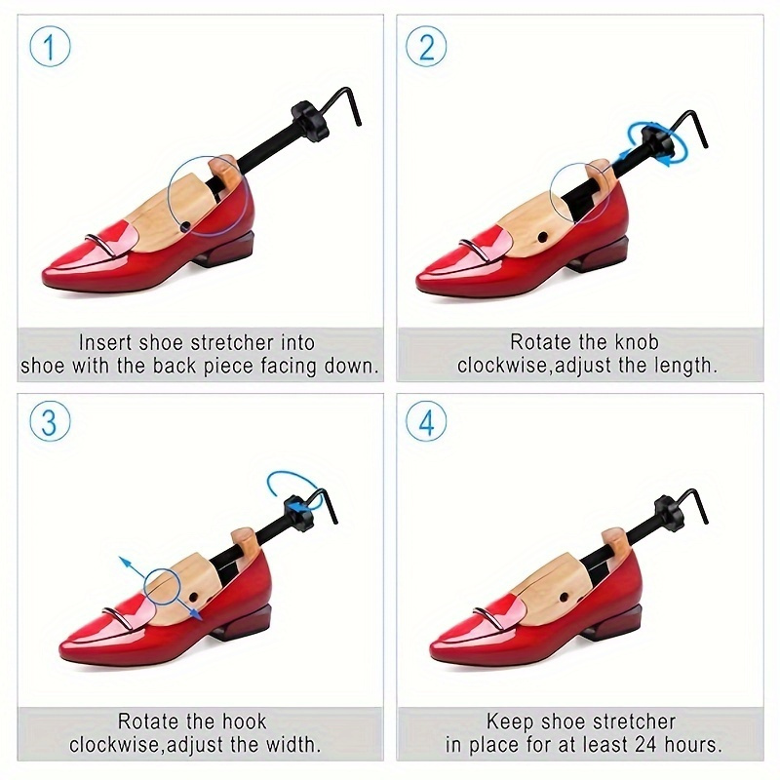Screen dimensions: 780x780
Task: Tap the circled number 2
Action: point(427,47)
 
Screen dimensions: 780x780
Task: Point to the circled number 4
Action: point(427,423)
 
